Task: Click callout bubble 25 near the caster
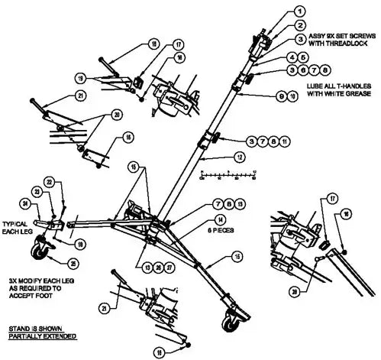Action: pyautogui.click(x=73, y=264)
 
